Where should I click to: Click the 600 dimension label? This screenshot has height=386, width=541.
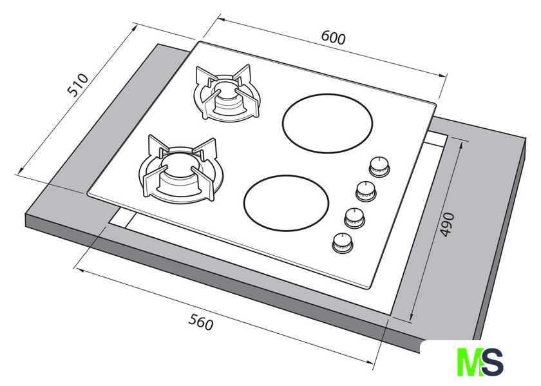tap(334, 38)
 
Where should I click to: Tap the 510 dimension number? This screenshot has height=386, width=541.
tap(78, 85)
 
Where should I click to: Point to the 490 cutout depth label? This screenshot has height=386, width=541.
tap(448, 224)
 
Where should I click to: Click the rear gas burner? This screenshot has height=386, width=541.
tap(226, 93)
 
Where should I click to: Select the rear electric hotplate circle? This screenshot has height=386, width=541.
tap(327, 123)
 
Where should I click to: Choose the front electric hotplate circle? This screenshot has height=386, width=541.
tap(286, 202)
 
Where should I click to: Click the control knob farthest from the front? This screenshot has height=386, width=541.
tap(379, 168)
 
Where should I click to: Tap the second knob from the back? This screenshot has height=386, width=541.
tap(366, 191)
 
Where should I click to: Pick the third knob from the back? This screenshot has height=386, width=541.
tap(355, 218)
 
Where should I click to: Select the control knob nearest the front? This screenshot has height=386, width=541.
tap(343, 243)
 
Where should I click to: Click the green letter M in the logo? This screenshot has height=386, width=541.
tap(470, 362)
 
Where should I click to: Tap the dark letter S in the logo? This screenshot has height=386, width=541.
tap(492, 362)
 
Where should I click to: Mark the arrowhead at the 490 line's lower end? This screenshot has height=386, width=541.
tap(412, 317)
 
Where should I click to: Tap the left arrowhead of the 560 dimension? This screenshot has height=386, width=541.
tap(80, 269)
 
